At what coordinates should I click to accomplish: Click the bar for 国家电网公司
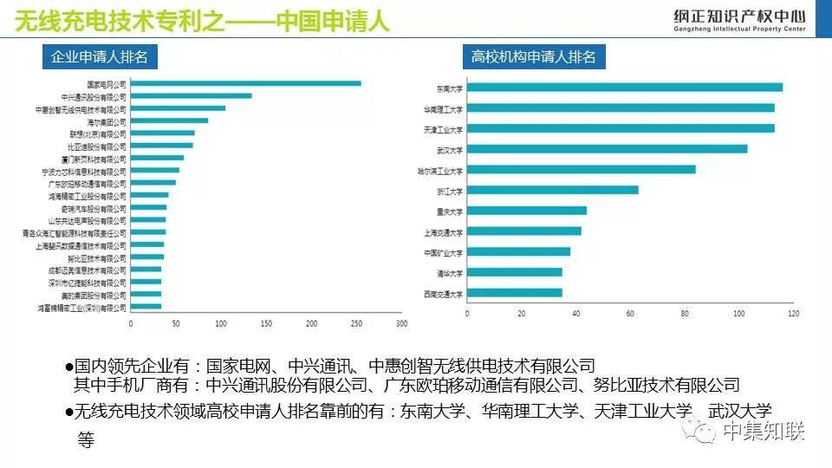click(x=245, y=84)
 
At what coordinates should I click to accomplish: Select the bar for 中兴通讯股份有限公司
click(x=191, y=96)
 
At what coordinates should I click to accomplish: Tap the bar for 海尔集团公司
click(x=169, y=121)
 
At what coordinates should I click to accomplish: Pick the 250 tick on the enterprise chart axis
click(x=356, y=324)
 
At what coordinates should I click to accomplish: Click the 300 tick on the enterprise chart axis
click(x=400, y=324)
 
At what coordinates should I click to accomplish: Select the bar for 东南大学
click(x=624, y=87)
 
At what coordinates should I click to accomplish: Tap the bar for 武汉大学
click(x=607, y=149)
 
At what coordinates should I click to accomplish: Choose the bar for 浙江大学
click(x=552, y=190)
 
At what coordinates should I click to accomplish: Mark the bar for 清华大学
click(x=514, y=272)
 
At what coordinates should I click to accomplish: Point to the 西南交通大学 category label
click(x=444, y=294)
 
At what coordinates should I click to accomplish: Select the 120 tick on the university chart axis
click(x=792, y=314)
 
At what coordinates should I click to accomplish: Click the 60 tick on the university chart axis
click(x=629, y=314)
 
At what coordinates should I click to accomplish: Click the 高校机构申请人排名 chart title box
click(x=534, y=57)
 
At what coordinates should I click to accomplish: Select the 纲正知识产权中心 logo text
click(x=739, y=16)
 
